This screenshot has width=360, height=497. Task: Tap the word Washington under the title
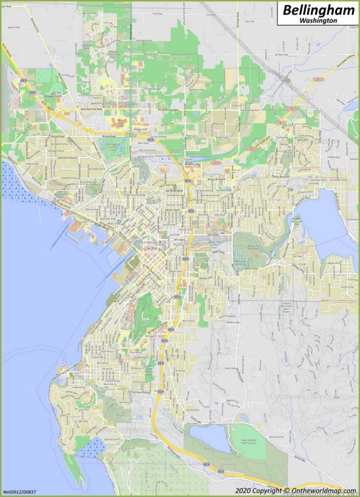(x=318, y=21)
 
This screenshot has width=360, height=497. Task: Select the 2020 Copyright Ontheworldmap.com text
(x=295, y=491)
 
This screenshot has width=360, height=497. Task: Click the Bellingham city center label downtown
(x=148, y=242)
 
